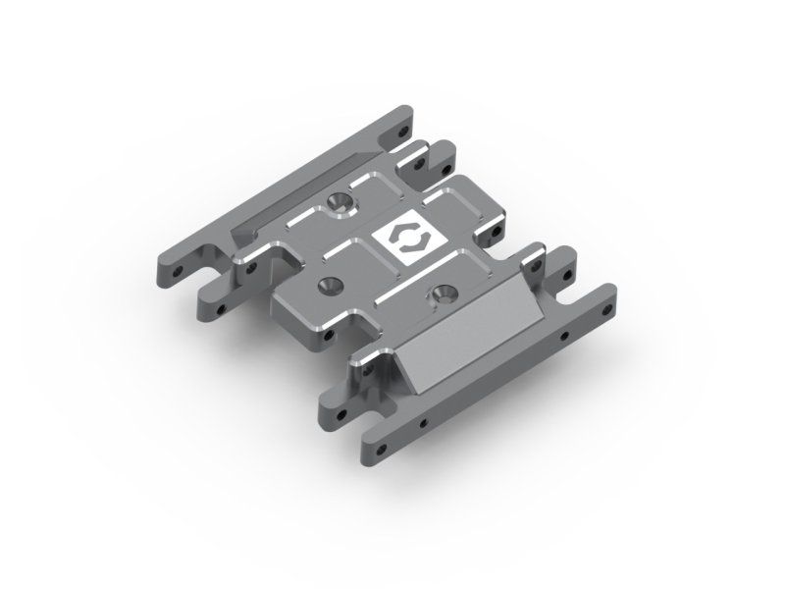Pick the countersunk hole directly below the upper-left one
click(x=326, y=285)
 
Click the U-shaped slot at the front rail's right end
click(x=579, y=281)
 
